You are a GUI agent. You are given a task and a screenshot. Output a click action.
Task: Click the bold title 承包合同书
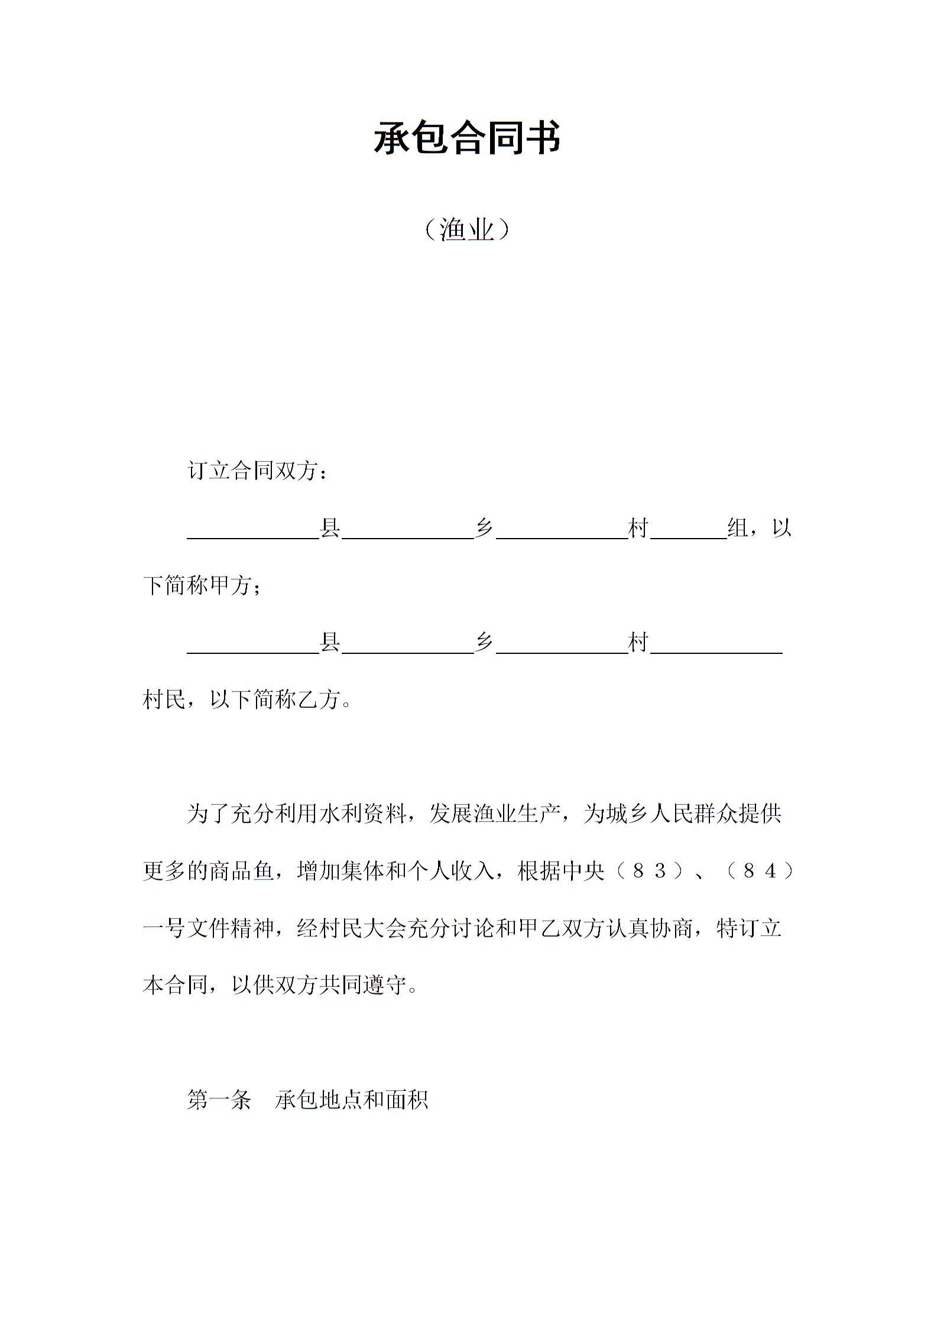coord(467,139)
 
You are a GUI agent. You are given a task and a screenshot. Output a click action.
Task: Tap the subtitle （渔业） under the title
coord(467,229)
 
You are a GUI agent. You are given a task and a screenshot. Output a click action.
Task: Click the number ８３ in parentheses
coord(650,871)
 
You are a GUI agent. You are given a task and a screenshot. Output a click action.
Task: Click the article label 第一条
coord(219,1100)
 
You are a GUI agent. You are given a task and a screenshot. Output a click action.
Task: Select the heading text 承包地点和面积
coord(351,1100)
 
